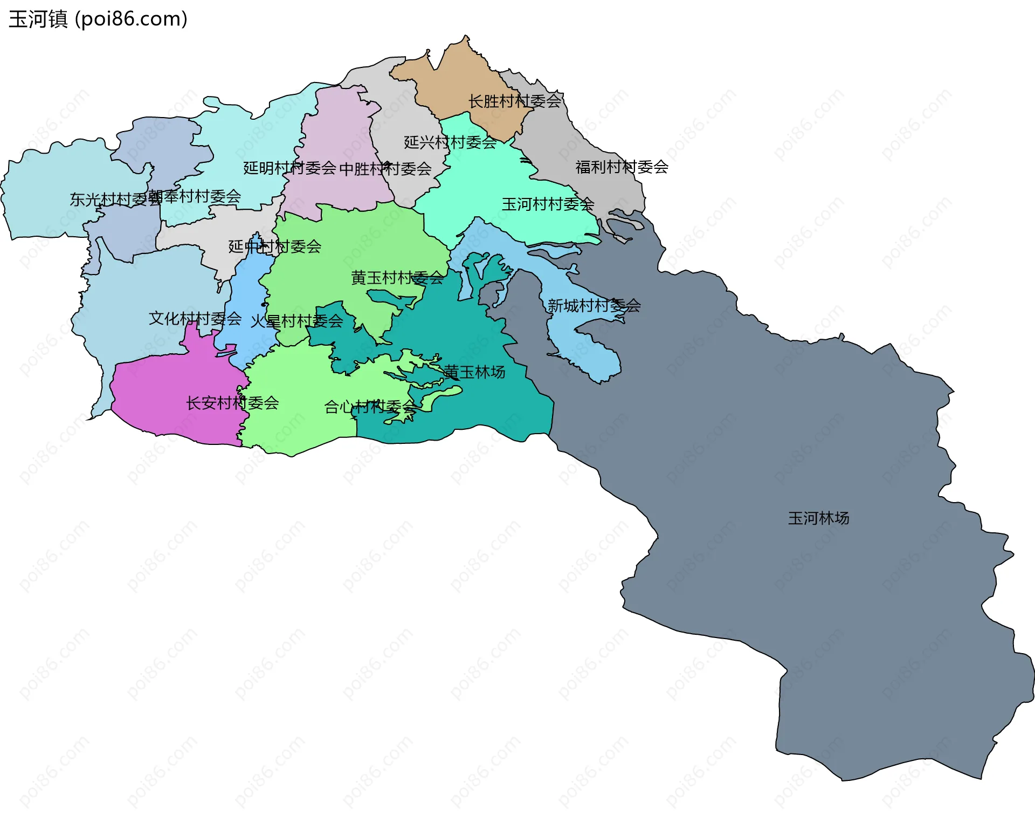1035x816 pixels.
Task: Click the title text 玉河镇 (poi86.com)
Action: (98, 19)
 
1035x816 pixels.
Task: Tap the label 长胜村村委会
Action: (515, 101)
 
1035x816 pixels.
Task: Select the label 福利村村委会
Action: (622, 167)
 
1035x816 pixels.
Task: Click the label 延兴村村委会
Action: (450, 142)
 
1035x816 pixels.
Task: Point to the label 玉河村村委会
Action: (548, 204)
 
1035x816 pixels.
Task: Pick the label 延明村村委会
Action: (289, 168)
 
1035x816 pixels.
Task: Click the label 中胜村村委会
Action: (385, 169)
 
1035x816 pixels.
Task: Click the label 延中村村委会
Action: (274, 246)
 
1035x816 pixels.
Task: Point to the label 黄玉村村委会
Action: (397, 278)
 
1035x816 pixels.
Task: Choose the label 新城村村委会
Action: (594, 306)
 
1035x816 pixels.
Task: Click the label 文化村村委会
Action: (195, 318)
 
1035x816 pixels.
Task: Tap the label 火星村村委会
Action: (296, 321)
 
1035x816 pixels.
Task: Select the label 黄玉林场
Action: (474, 372)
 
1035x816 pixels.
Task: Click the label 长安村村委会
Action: (232, 403)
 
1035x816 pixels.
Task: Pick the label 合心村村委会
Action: (370, 407)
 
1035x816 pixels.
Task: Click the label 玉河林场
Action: (818, 518)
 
